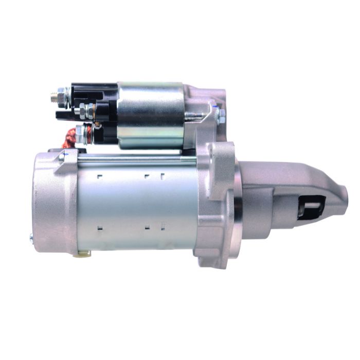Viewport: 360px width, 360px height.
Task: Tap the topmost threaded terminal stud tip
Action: (x=53, y=96)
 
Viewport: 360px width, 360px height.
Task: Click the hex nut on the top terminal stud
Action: (x=62, y=95)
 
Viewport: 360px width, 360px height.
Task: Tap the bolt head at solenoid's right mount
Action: (x=221, y=116)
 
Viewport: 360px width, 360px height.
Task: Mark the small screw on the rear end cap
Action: (x=32, y=237)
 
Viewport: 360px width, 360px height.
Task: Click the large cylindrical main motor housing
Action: (x=139, y=206)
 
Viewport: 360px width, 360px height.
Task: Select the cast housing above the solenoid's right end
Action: (x=206, y=93)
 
